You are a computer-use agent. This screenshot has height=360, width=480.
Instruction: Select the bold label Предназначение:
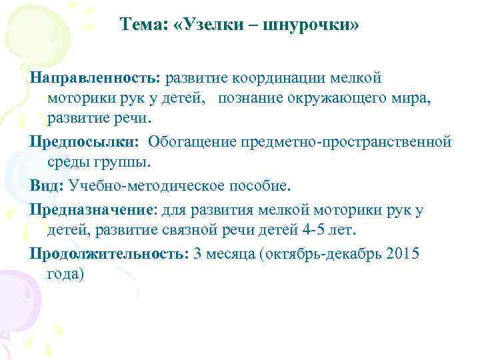92,209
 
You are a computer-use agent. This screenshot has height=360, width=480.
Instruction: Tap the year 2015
405,254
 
